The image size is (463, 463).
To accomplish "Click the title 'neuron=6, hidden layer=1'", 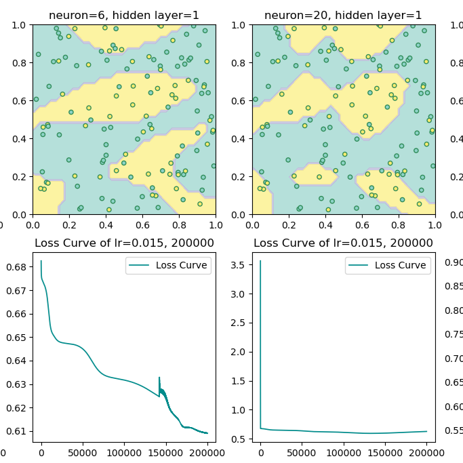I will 124,15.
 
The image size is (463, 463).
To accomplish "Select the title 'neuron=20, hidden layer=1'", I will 343,15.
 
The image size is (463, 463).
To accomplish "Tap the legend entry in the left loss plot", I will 168,266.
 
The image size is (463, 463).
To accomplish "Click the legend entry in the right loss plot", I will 388,266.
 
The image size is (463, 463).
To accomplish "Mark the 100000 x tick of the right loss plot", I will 344,452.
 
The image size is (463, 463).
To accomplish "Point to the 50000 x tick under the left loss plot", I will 83,452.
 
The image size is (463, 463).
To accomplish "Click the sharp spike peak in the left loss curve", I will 159,378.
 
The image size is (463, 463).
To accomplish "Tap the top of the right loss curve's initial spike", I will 260,261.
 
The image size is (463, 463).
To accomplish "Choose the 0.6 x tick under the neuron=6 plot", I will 142,224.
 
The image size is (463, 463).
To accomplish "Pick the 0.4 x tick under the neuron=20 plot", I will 325,224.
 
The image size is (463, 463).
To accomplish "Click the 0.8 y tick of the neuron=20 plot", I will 241,63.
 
